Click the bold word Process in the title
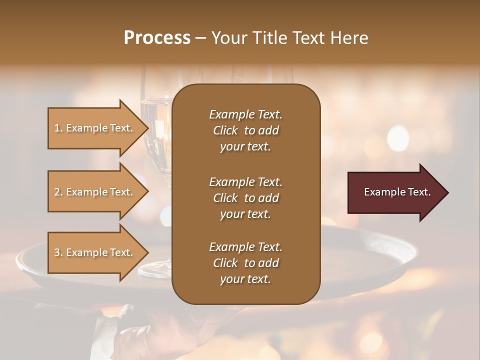click(157, 38)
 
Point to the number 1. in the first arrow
click(58, 128)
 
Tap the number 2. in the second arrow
click(58, 192)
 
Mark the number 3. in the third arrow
click(58, 252)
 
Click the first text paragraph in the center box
click(245, 130)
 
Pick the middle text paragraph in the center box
click(245, 197)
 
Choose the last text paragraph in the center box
click(245, 262)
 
